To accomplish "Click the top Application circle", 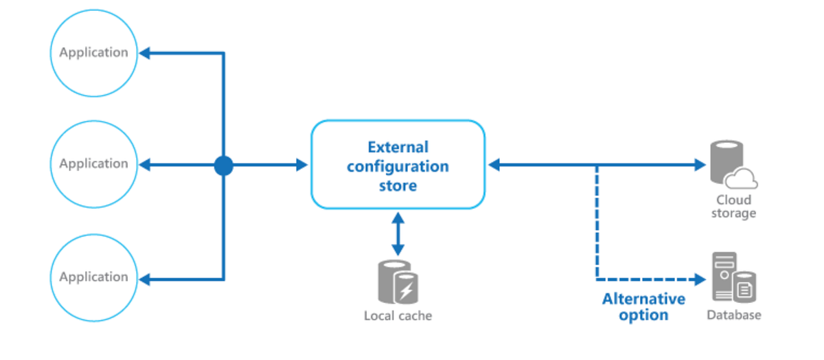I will (93, 52).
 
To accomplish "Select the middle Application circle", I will (93, 164).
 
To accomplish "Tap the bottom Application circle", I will (93, 277).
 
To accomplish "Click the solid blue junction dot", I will (223, 165).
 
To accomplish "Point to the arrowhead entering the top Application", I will (145, 53).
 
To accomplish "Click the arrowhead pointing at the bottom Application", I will (145, 279).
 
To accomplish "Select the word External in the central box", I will (398, 147).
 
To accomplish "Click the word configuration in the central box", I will (398, 166).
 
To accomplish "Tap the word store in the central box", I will (398, 185).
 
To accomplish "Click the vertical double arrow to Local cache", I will (398, 234).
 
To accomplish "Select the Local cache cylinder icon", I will (398, 282).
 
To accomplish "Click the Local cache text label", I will (398, 316).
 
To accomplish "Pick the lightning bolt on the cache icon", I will (407, 291).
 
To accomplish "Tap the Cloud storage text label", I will (733, 206).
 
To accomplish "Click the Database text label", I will (733, 315).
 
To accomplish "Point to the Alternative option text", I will (643, 307).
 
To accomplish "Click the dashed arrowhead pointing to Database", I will (700, 280).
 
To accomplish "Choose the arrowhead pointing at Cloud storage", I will (700, 165).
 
